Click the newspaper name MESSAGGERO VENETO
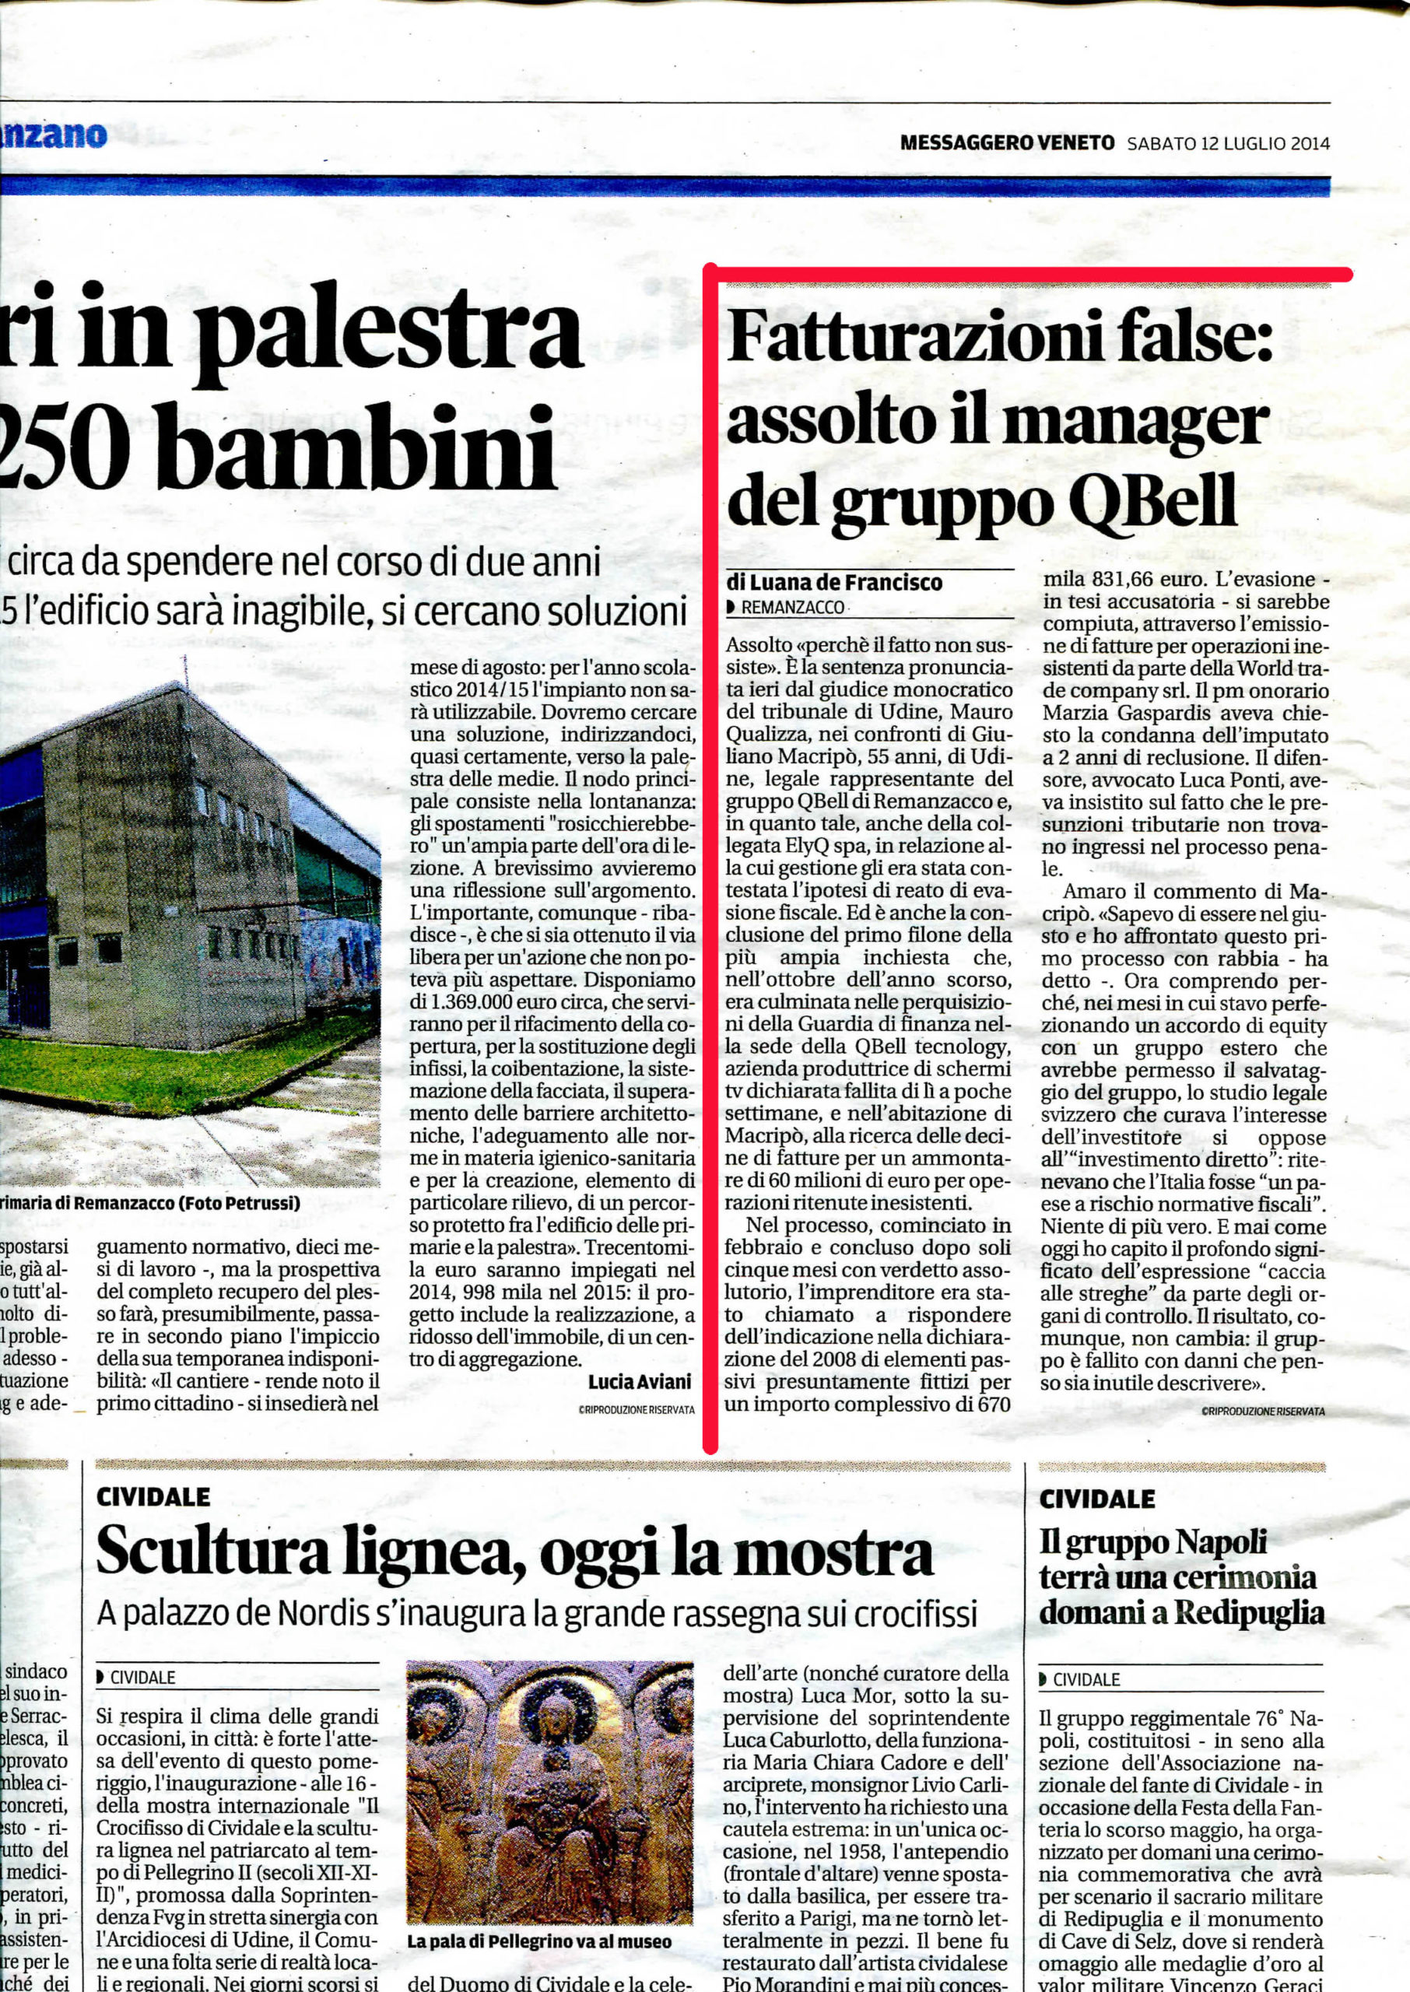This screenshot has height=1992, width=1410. (x=1006, y=143)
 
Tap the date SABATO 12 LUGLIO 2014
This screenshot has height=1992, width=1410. (x=1228, y=143)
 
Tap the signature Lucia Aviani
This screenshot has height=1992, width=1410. (x=640, y=1381)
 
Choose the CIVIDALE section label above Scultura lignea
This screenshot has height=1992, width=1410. (x=153, y=1496)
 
